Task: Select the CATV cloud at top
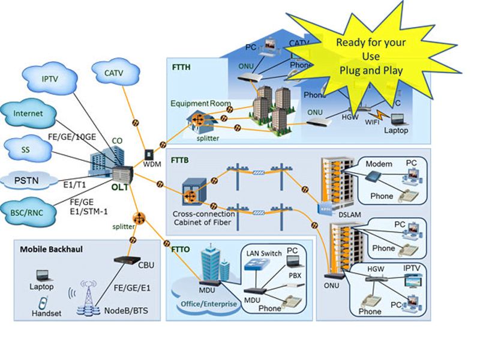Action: (113, 73)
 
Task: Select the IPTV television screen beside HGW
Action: (413, 280)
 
